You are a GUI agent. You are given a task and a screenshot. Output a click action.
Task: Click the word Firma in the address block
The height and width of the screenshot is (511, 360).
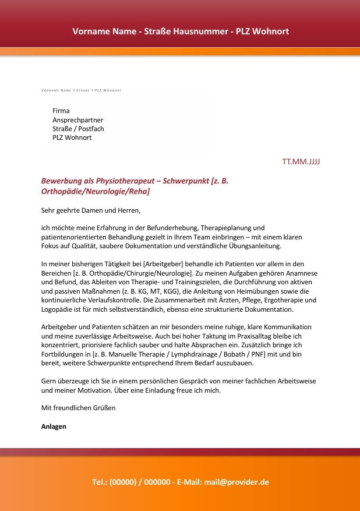61,111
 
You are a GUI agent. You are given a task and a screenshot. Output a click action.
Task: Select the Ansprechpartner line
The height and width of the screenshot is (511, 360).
77,119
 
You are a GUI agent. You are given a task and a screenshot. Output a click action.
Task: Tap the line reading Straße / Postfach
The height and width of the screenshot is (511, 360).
78,129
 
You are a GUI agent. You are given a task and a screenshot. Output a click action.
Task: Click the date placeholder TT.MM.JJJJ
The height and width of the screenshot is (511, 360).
301,161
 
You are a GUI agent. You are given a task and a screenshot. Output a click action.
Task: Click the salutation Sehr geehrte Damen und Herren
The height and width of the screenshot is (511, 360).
91,210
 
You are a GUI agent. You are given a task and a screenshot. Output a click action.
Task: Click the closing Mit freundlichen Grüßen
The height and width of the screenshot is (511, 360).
79,408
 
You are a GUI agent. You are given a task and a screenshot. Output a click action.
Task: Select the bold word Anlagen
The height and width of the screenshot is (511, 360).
54,427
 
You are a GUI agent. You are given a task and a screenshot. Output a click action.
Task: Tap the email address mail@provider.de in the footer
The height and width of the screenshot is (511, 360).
237,482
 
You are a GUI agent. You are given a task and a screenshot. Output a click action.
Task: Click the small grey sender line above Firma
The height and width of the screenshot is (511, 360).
81,91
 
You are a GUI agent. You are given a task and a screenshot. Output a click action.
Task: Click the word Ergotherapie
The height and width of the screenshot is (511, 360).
281,300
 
